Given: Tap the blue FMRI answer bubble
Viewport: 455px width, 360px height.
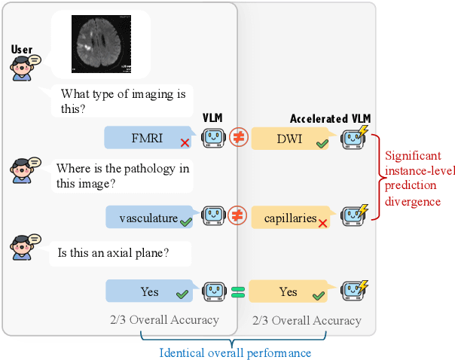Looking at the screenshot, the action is click(x=148, y=138).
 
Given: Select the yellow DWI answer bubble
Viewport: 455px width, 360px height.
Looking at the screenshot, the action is click(x=290, y=139).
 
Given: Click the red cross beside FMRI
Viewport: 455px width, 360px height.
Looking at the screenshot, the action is click(x=183, y=142).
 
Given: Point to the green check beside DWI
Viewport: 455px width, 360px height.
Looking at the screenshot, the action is click(x=322, y=142).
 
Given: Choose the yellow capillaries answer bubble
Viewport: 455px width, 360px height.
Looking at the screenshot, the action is click(x=290, y=218).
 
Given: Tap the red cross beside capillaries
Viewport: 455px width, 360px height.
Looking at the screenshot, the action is click(x=322, y=223).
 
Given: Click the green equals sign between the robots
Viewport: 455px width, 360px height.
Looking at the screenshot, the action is click(x=238, y=291).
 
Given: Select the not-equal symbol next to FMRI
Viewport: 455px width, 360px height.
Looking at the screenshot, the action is click(x=238, y=138).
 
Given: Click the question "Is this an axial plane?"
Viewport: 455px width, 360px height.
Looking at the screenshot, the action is click(x=113, y=254).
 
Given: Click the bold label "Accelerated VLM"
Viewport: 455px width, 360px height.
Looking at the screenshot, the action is click(x=330, y=119).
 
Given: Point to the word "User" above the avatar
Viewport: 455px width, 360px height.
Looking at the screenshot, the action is click(x=23, y=50).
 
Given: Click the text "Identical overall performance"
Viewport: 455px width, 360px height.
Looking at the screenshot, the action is click(x=235, y=352).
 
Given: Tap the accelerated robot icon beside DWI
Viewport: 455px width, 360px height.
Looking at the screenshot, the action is click(x=353, y=138).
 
